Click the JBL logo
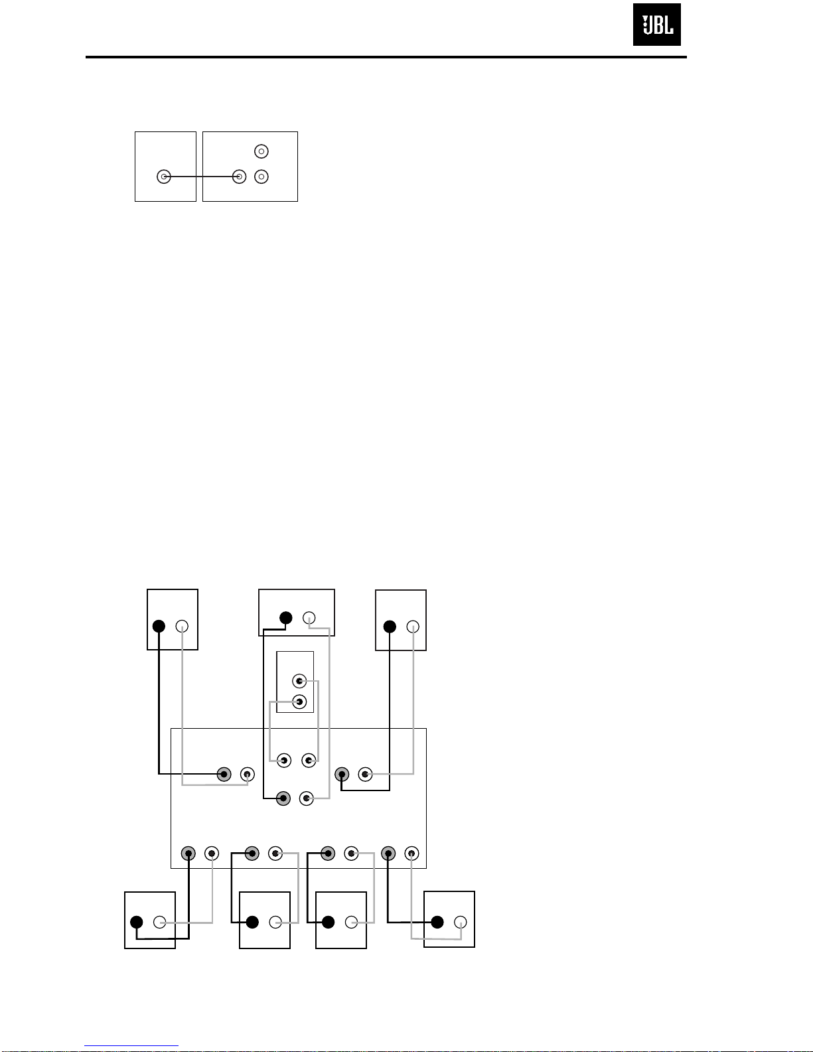pyautogui.click(x=656, y=25)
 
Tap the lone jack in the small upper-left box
pyautogui.click(x=164, y=177)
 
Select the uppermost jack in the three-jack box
pyautogui.click(x=261, y=151)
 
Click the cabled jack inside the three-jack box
pyautogui.click(x=239, y=177)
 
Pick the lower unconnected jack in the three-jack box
pyautogui.click(x=261, y=177)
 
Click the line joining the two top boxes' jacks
pyautogui.click(x=201, y=177)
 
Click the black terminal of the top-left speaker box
pyautogui.click(x=159, y=626)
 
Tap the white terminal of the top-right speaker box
pyautogui.click(x=413, y=627)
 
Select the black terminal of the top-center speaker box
pyautogui.click(x=286, y=618)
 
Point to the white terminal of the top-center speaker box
pyautogui.click(x=309, y=618)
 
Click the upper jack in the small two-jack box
pyautogui.click(x=299, y=681)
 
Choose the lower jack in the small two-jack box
pyautogui.click(x=299, y=702)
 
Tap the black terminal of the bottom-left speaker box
pyautogui.click(x=137, y=922)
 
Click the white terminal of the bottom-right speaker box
pyautogui.click(x=460, y=922)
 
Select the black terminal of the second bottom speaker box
pyautogui.click(x=252, y=922)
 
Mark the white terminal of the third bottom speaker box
pyautogui.click(x=351, y=922)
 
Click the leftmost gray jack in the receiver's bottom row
pyautogui.click(x=188, y=854)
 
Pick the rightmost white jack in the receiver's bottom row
pyautogui.click(x=411, y=854)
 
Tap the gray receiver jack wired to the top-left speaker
pyautogui.click(x=224, y=774)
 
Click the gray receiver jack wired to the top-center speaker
pyautogui.click(x=283, y=798)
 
